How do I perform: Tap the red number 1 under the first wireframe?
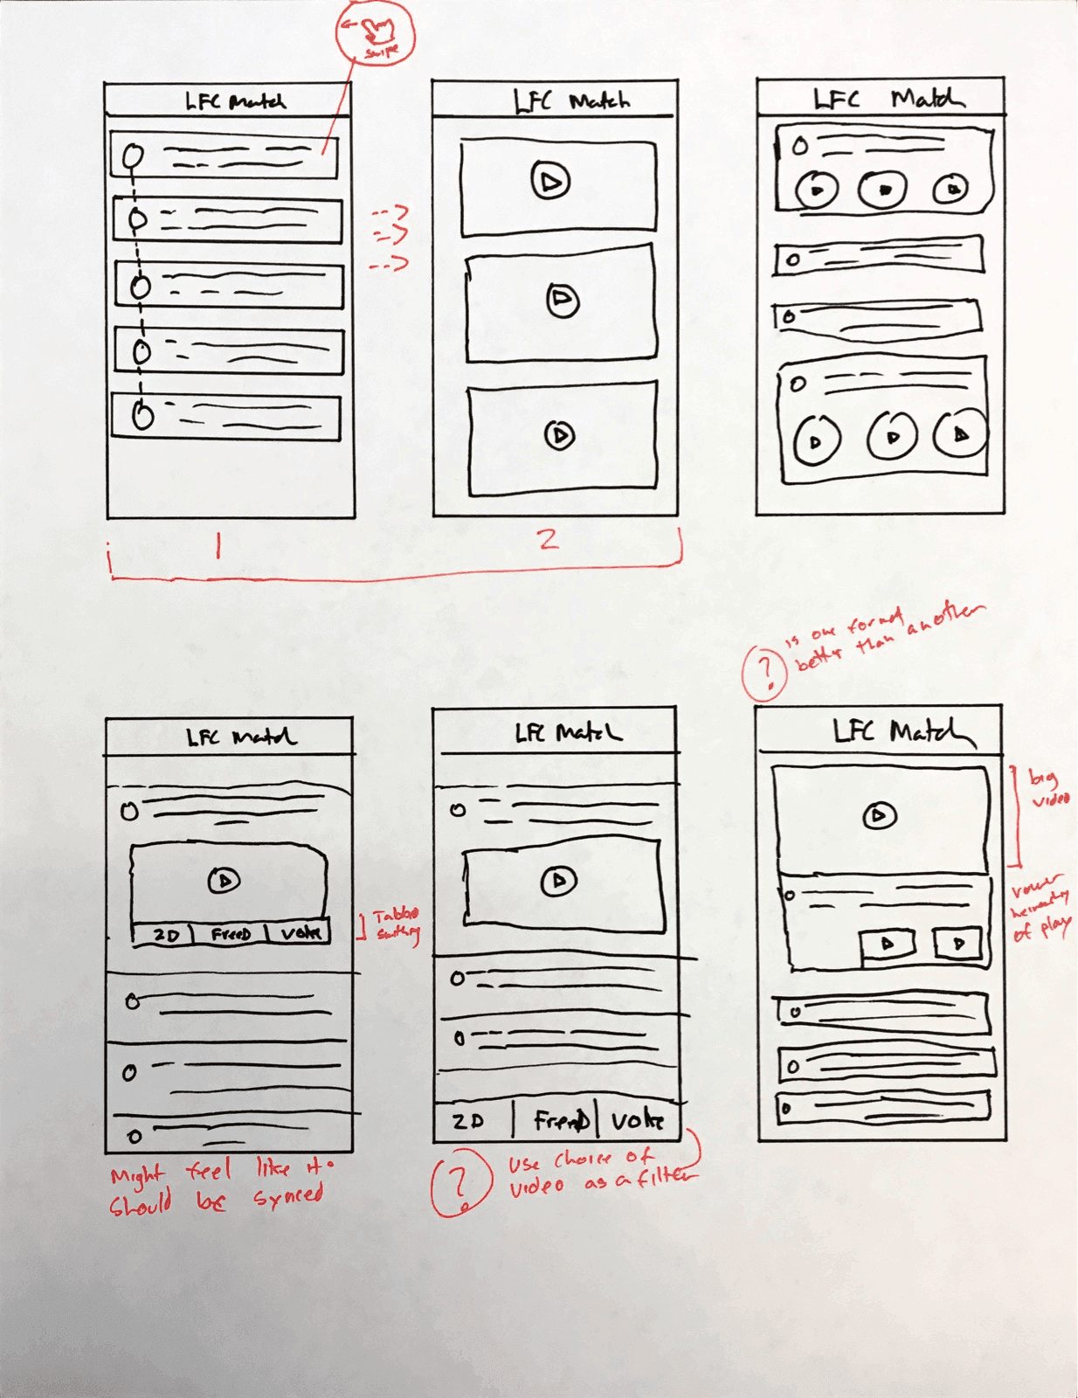218,546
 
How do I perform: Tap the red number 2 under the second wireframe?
548,539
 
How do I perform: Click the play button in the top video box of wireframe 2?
550,181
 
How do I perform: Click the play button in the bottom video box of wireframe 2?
560,434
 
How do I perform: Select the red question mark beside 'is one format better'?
765,672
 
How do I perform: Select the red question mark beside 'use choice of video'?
460,1182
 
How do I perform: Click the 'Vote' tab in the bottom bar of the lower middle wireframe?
637,1120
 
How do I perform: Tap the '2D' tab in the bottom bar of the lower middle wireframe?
468,1121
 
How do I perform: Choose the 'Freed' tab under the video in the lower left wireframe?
231,934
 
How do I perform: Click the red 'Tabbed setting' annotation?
397,924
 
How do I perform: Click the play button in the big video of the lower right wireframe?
879,816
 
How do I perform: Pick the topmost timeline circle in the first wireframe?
132,157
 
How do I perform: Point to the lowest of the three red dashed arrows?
388,263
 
